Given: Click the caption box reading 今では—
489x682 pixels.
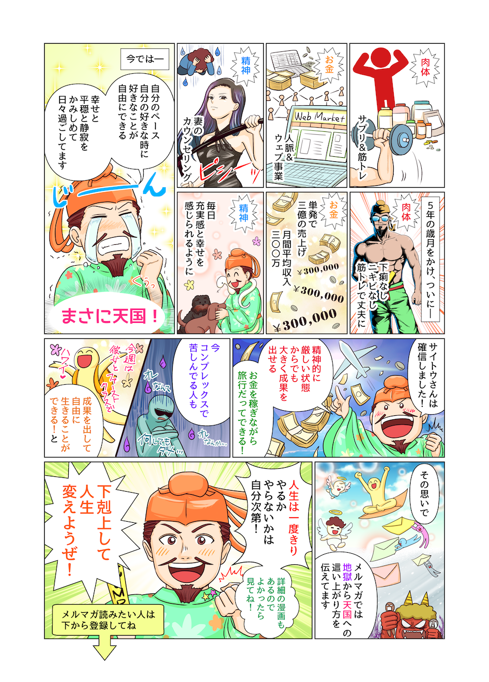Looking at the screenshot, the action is (145, 59).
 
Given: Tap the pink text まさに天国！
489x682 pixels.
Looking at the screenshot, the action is (110, 317).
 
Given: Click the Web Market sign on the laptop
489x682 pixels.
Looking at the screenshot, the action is (320, 117).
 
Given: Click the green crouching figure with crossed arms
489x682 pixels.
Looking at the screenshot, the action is (155, 426).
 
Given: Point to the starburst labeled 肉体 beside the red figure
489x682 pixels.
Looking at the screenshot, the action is (425, 67).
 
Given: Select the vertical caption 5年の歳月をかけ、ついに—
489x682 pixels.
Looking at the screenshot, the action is (430, 260).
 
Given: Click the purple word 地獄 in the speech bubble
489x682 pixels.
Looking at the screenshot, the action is (347, 576).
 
